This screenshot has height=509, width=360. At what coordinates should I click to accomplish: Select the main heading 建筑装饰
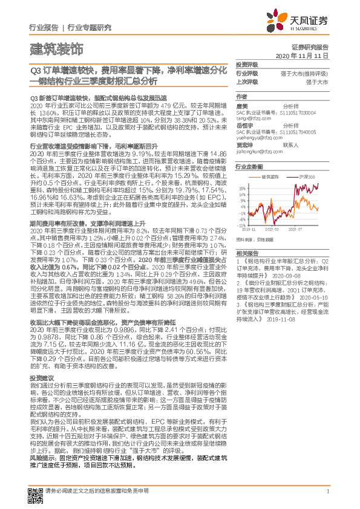(x=56, y=48)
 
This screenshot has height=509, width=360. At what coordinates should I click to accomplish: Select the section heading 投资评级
(x=247, y=64)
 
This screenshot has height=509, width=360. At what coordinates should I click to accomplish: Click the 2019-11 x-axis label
(x=249, y=230)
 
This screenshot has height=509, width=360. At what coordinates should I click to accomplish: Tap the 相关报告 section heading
(x=247, y=253)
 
